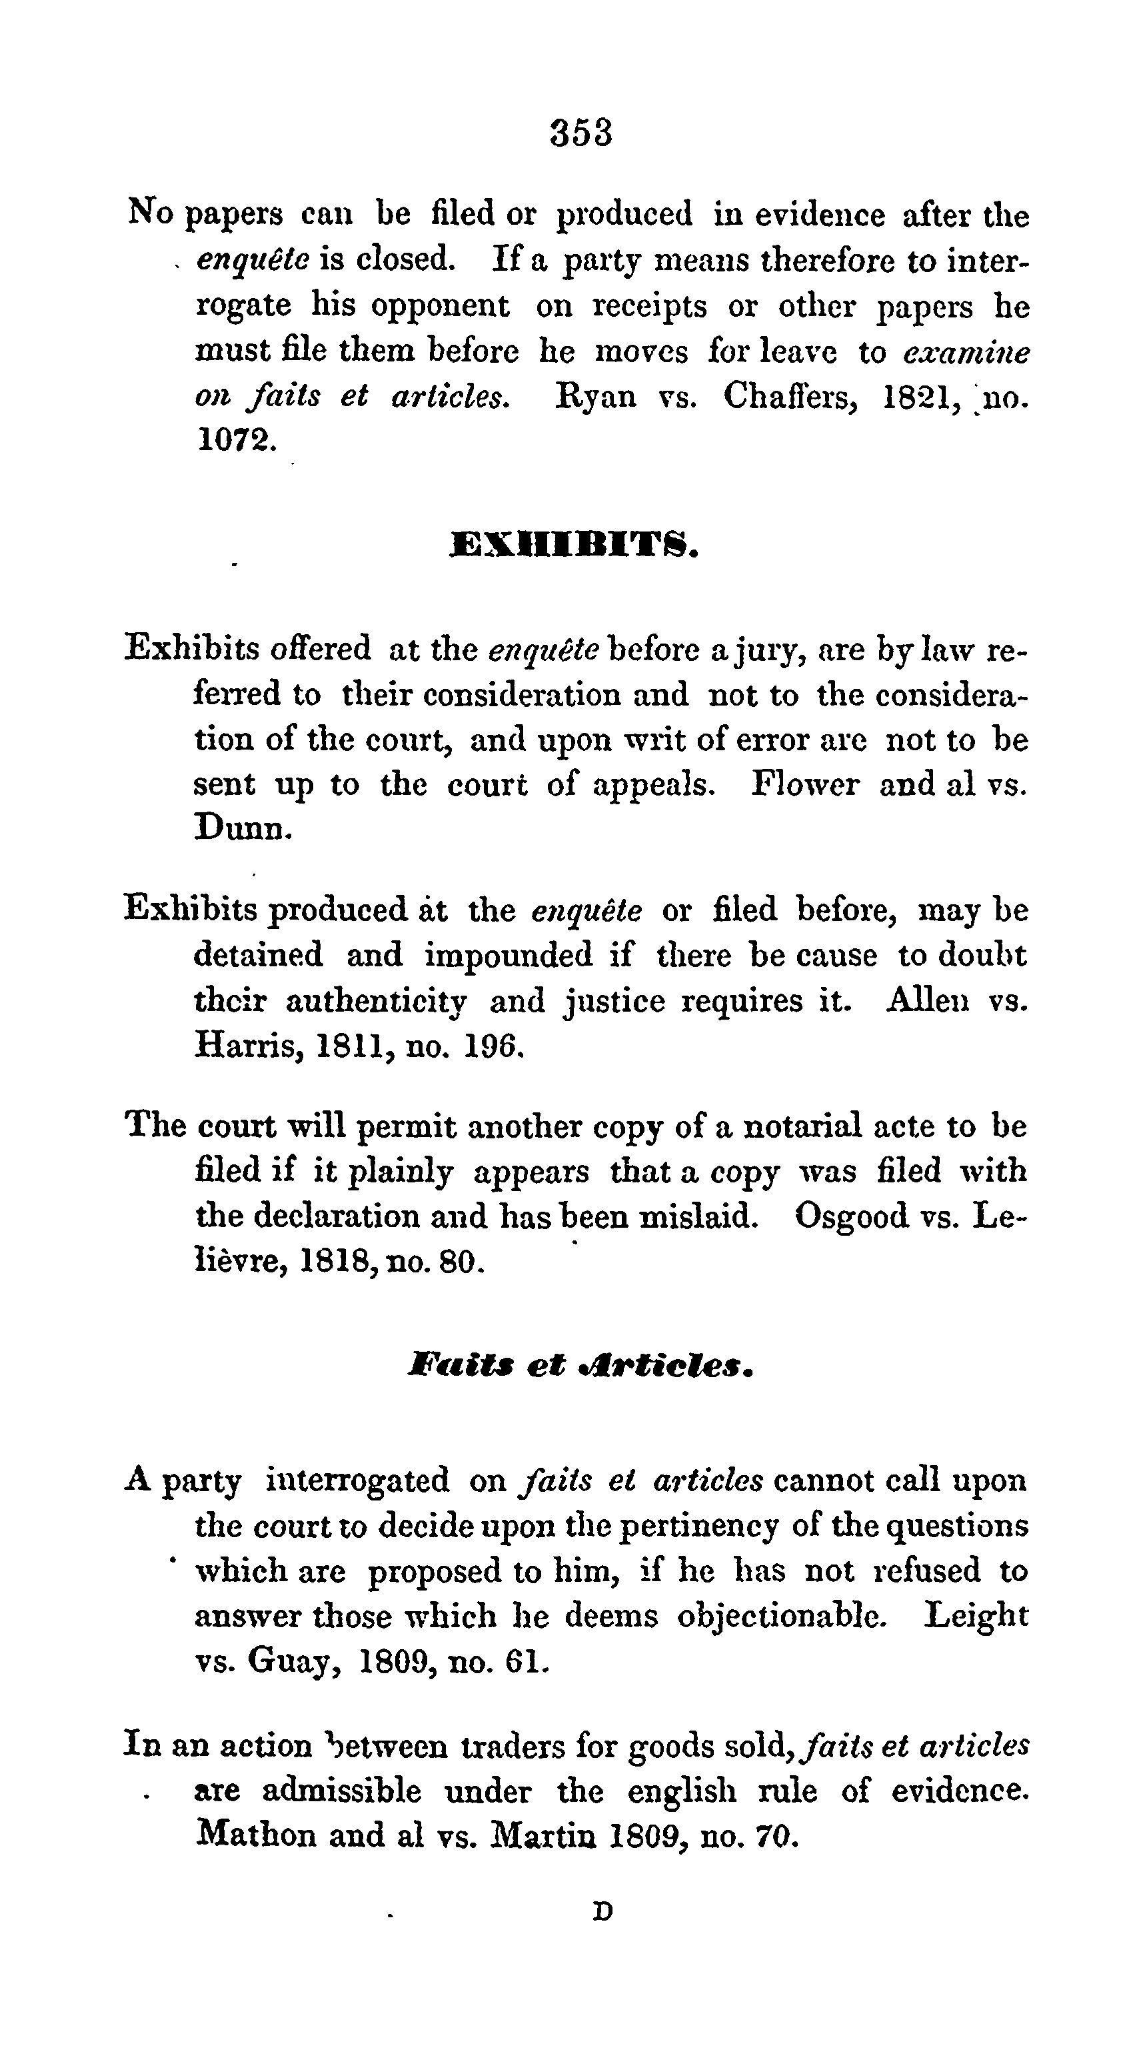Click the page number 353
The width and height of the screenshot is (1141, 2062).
tap(582, 133)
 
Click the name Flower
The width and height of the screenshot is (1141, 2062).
tap(805, 784)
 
